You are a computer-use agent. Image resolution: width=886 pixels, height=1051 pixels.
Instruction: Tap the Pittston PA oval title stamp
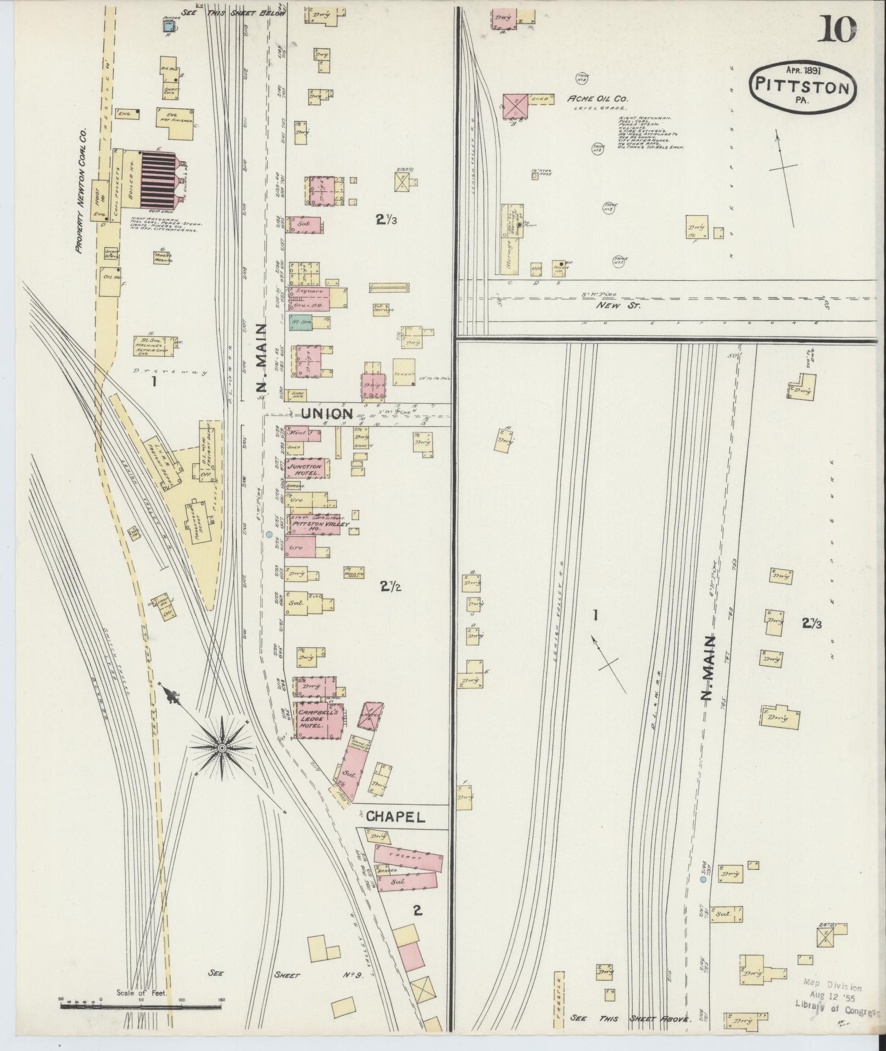pos(802,88)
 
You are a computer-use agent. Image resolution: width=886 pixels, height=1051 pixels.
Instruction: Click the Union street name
pos(327,414)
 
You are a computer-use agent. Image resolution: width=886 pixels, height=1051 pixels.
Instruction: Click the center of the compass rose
pos(222,748)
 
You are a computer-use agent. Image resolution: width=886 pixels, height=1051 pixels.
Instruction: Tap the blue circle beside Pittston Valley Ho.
pos(269,534)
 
